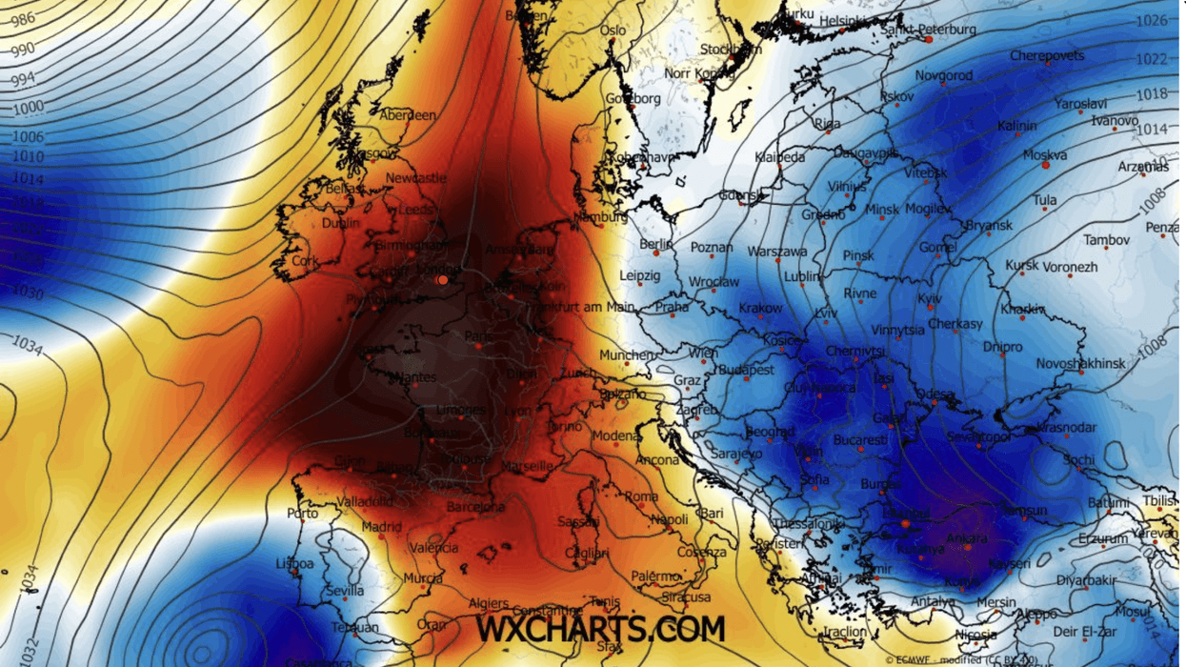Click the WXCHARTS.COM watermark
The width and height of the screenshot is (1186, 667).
coord(600,628)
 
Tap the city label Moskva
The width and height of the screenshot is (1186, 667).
coord(1044,154)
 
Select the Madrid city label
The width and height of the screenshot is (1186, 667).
coord(381,527)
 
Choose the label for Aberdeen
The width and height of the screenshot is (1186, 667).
coord(408,115)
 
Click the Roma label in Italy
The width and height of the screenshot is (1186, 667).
coord(641,496)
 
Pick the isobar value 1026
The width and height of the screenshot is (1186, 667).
coord(1153,20)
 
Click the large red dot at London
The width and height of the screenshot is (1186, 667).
coord(442,280)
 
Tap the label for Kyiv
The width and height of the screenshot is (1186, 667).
coord(929,298)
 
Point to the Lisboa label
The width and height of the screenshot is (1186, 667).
coord(293,563)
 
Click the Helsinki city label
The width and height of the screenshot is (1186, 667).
coord(843,20)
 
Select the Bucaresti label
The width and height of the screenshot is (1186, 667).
coord(859,440)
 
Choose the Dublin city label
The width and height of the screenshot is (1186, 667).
coord(341,223)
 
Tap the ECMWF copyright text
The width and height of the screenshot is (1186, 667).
coord(961,658)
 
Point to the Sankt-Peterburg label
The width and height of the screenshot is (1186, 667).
coord(928,30)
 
